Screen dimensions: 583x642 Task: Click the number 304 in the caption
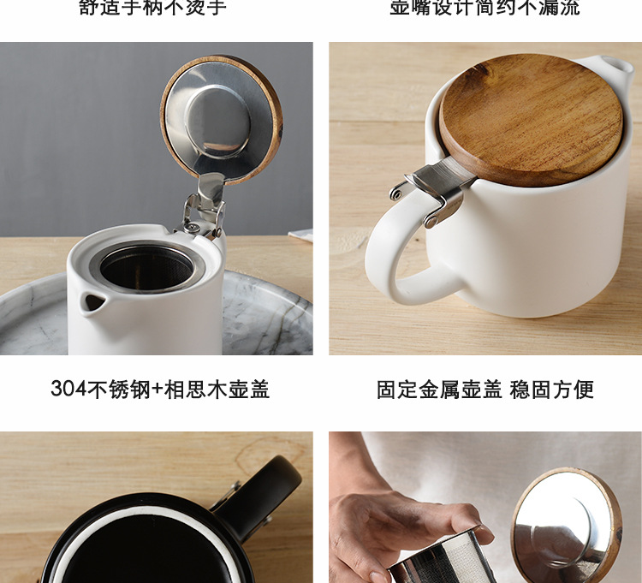coord(68,390)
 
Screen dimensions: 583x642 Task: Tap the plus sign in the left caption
coord(157,390)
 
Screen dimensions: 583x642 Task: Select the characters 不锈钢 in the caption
coord(118,390)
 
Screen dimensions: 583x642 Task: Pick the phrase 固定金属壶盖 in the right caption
coord(438,390)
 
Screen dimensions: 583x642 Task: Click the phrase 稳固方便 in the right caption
coord(552,390)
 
